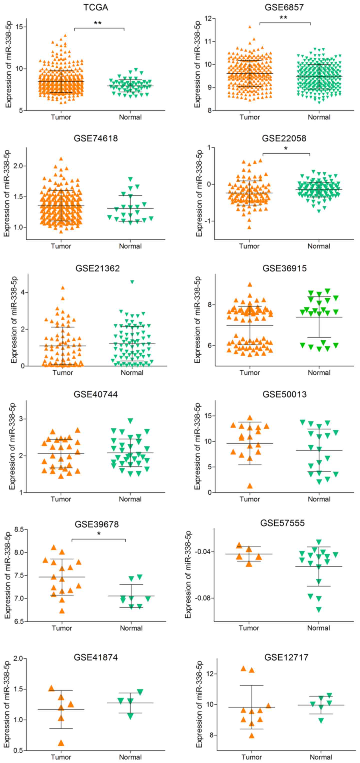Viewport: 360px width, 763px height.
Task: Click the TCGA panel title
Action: (x=96, y=7)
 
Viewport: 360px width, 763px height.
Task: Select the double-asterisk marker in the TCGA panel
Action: (x=98, y=23)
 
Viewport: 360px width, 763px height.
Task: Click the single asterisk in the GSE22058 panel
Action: (x=286, y=149)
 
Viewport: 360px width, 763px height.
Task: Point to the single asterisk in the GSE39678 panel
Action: (x=99, y=534)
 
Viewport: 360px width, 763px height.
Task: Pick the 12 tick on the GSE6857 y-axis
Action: (x=208, y=19)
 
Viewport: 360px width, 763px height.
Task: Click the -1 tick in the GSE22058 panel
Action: (x=209, y=221)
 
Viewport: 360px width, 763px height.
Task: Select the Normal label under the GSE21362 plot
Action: (x=132, y=373)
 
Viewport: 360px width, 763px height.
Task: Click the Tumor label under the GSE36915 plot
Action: (x=250, y=373)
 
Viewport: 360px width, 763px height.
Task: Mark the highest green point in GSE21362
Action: (x=132, y=282)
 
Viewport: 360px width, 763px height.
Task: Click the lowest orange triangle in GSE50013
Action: (x=250, y=486)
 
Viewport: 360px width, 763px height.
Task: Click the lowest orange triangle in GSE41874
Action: (x=61, y=743)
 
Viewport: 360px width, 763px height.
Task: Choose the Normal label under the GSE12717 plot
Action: (x=321, y=757)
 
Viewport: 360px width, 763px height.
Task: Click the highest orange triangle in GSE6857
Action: (x=250, y=27)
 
